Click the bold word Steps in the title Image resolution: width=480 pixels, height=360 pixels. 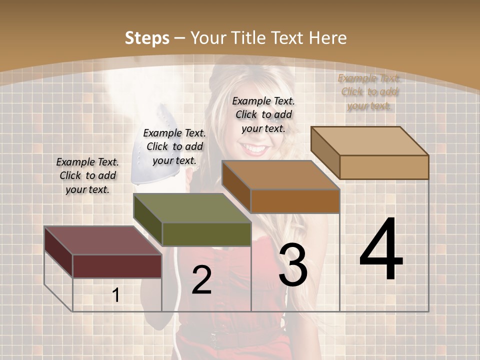point(147,38)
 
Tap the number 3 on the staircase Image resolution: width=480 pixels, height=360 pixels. point(292,265)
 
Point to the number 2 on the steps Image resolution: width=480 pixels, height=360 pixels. point(201,280)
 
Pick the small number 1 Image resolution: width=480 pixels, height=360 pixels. point(116,295)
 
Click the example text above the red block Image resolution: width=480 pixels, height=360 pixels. point(87,175)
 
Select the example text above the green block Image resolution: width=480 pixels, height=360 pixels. point(174,146)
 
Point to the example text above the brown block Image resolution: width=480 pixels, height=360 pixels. point(263,114)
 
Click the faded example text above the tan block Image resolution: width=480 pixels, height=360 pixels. point(369,92)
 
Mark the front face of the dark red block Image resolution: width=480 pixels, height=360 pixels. point(117,266)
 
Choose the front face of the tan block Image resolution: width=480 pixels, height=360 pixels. point(384,167)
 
